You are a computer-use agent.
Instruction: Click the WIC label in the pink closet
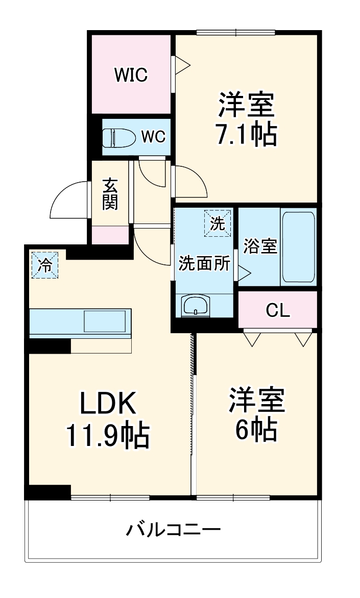pyautogui.click(x=131, y=76)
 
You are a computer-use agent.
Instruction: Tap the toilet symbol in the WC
pyautogui.click(x=117, y=137)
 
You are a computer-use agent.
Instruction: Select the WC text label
pyautogui.click(x=153, y=137)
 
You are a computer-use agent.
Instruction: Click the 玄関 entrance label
pyautogui.click(x=110, y=194)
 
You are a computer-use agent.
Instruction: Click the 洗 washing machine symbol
pyautogui.click(x=218, y=223)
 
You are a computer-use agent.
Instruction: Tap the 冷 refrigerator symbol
pyautogui.click(x=45, y=265)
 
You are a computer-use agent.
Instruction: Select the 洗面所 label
pyautogui.click(x=204, y=264)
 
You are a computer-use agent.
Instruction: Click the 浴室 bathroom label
pyautogui.click(x=260, y=246)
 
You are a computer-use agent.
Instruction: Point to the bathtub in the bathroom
pyautogui.click(x=298, y=246)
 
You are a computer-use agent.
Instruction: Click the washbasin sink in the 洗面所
pyautogui.click(x=196, y=306)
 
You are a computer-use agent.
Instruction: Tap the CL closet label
pyautogui.click(x=278, y=310)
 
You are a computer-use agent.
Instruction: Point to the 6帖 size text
pyautogui.click(x=256, y=430)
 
